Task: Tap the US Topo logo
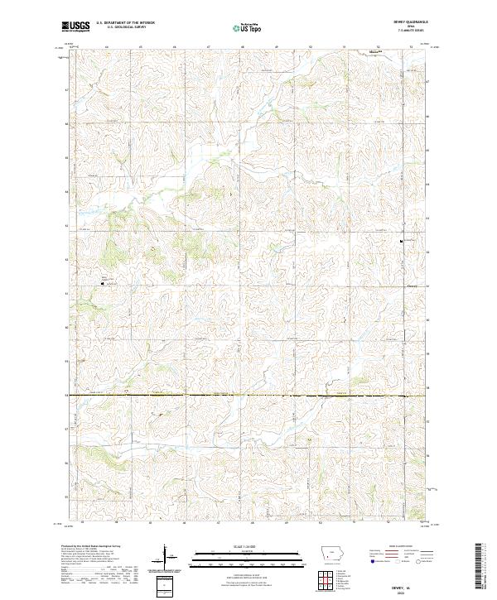248,27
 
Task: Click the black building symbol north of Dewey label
403,242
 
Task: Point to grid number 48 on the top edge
242,48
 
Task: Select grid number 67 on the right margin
427,83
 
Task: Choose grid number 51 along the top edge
344,48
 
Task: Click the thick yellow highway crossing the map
248,396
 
